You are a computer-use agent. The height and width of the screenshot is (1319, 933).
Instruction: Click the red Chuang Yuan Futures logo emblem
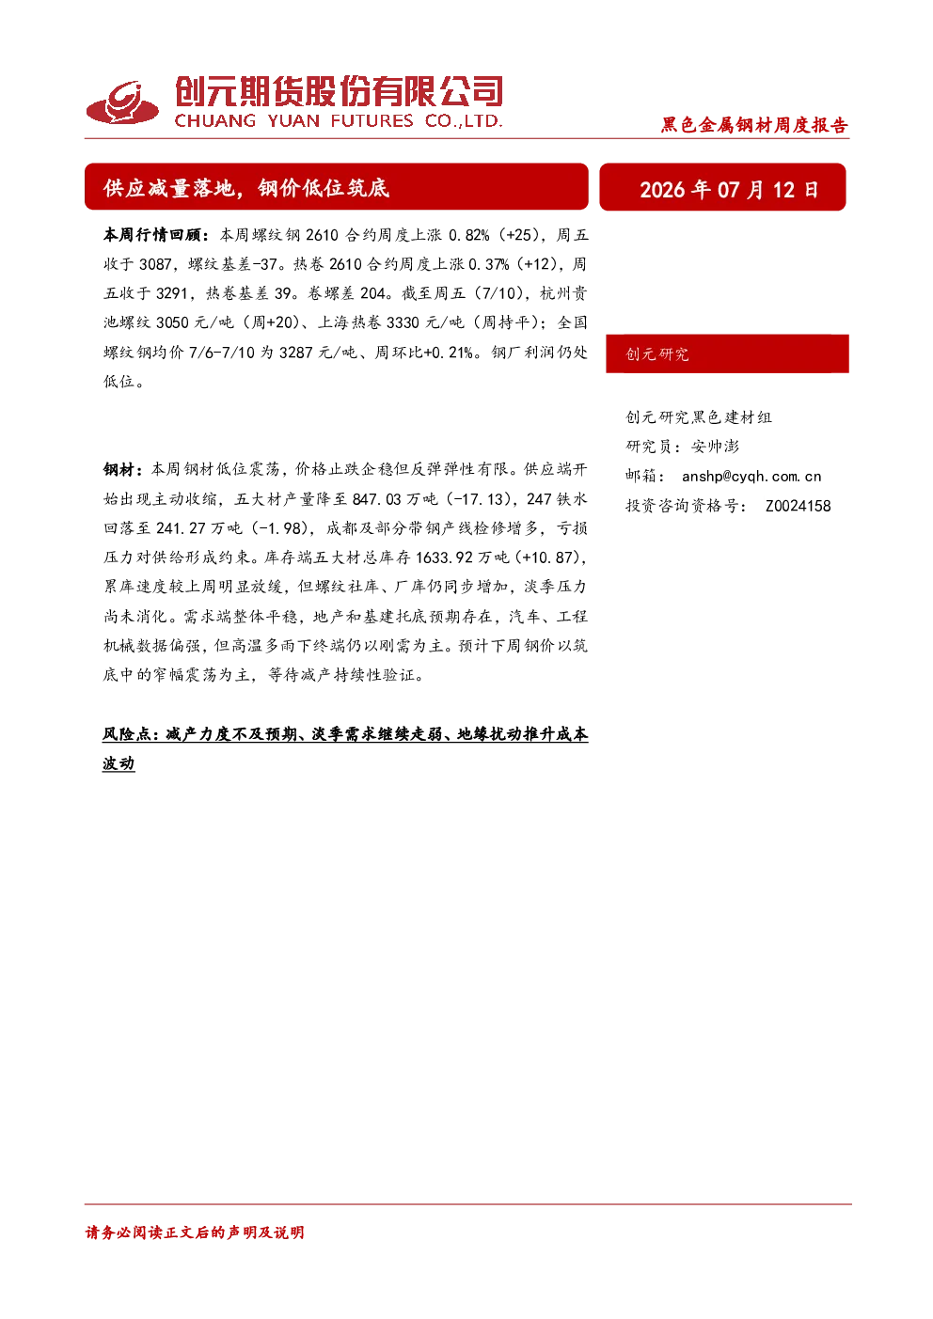click(x=122, y=103)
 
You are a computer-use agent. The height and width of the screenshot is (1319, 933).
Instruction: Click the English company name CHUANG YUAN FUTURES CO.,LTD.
click(x=339, y=121)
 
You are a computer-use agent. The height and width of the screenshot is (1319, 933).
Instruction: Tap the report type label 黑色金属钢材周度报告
click(x=754, y=125)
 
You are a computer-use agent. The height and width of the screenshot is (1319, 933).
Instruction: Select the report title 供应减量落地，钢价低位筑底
click(x=246, y=188)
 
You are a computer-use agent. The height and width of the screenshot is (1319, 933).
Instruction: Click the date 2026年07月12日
click(x=729, y=190)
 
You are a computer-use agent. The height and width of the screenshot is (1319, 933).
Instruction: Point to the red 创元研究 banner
click(x=727, y=353)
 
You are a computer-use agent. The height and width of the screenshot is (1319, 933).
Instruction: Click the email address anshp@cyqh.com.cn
click(x=751, y=477)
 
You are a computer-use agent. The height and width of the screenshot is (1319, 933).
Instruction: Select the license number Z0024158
click(x=799, y=506)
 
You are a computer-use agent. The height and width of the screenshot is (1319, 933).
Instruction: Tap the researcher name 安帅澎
click(x=715, y=447)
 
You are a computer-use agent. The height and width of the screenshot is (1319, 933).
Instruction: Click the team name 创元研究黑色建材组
click(x=699, y=417)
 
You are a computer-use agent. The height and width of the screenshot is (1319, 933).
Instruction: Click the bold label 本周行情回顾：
click(x=156, y=235)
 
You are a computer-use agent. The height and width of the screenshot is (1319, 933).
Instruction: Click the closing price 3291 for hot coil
click(x=172, y=293)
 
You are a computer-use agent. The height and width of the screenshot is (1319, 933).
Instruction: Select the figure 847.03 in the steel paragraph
click(x=376, y=499)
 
